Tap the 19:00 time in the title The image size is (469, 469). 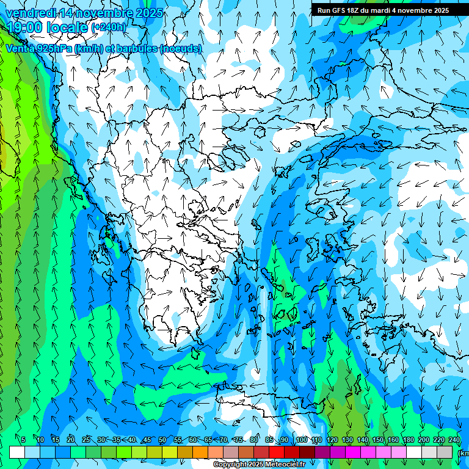click(25, 27)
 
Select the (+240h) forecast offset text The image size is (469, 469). click(109, 27)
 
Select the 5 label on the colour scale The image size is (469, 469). click(23, 440)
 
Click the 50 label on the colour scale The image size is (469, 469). click(162, 440)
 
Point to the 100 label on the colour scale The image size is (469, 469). click(301, 440)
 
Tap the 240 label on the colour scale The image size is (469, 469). click(454, 440)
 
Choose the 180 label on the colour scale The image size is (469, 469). click(408, 440)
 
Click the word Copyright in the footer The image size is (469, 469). click(230, 465)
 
